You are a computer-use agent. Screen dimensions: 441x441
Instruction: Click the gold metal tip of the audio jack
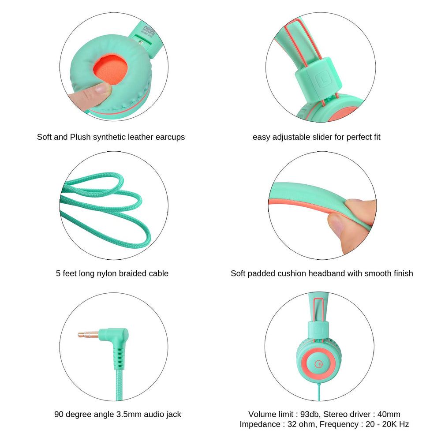(88, 335)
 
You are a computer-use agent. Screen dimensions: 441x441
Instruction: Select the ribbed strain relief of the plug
(119, 359)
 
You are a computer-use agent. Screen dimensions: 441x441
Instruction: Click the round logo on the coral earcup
(319, 364)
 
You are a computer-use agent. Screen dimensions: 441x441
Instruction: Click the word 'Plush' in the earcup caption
(80, 137)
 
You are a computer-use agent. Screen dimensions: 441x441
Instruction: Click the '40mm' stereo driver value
(389, 414)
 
